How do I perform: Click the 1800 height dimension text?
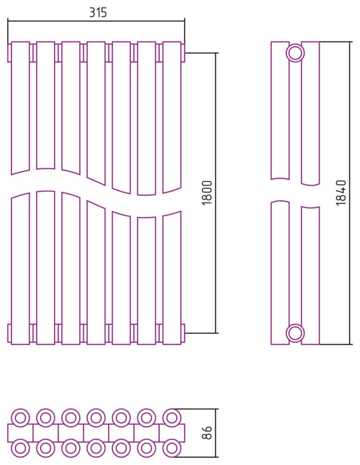tap(207, 193)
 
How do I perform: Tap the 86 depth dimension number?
tap(207, 433)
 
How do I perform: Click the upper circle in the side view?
tap(295, 53)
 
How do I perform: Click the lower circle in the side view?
tap(295, 333)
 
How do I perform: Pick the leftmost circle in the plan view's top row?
tap(21, 418)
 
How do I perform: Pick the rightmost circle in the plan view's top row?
tap(171, 418)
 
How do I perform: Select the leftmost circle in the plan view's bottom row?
tap(21, 448)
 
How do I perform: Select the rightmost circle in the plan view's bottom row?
tap(171, 448)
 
